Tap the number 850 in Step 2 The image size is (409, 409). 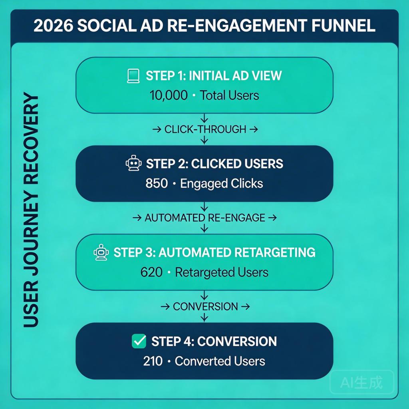tap(157, 184)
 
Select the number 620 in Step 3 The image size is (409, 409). tap(151, 272)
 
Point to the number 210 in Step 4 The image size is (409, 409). tap(153, 361)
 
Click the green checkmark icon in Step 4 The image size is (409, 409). tap(139, 341)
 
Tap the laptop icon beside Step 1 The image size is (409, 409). tap(133, 76)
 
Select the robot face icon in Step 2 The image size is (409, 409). tap(133, 164)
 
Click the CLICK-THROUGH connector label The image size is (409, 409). tap(205, 129)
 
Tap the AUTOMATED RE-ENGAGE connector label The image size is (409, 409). tap(205, 218)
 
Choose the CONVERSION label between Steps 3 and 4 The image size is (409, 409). tap(205, 307)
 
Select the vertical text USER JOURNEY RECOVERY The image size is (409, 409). tap(31, 210)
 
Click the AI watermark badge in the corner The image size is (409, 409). tap(361, 382)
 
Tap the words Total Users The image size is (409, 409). tap(229, 95)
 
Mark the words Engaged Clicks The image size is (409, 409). tap(222, 184)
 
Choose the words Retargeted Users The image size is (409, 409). tap(222, 272)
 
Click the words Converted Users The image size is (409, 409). tap(220, 361)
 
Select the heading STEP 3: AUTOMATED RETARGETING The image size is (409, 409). tap(214, 252)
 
